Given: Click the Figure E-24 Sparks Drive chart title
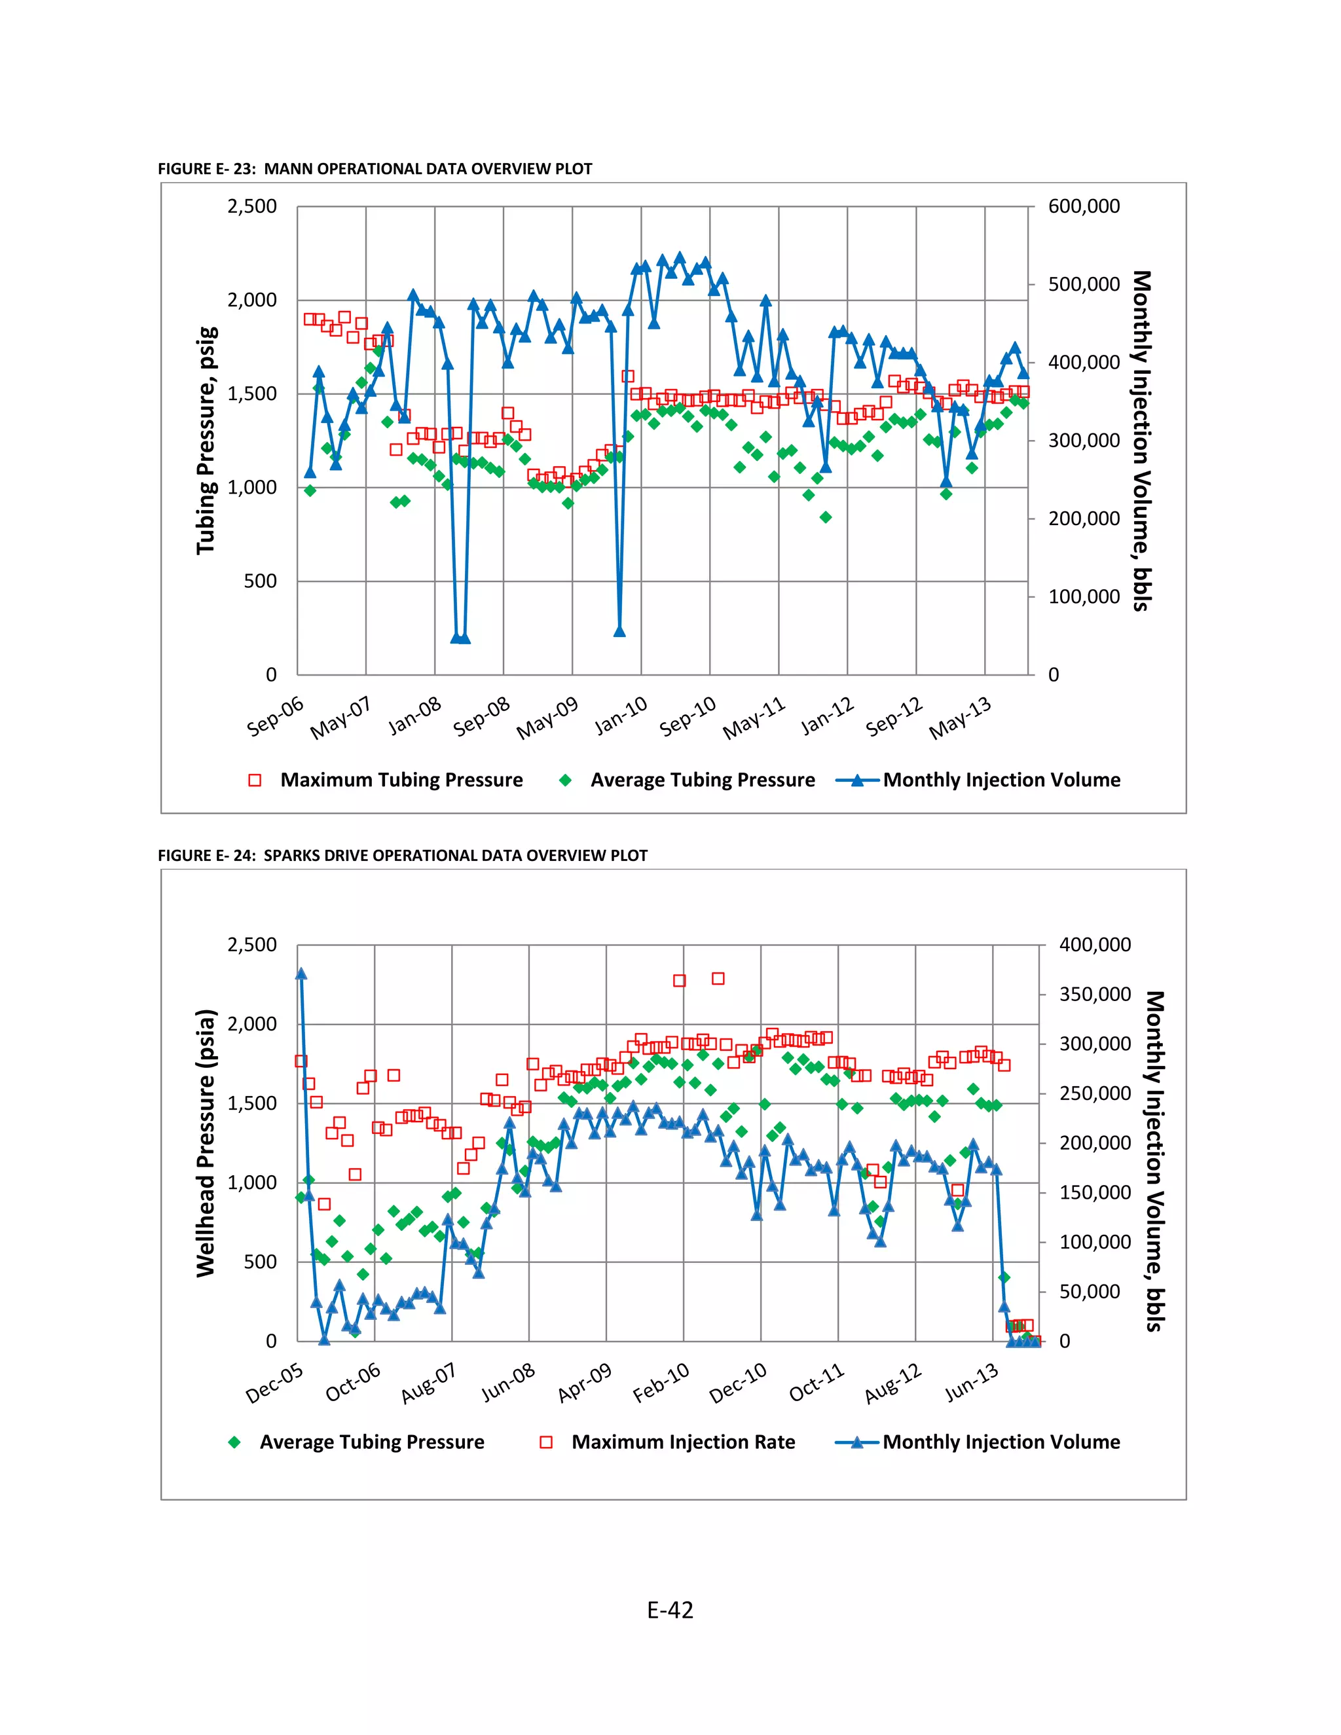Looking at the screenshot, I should pyautogui.click(x=402, y=856).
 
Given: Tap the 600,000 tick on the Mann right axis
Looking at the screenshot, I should pyautogui.click(x=1084, y=206).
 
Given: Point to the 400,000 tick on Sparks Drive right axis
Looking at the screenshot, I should pyautogui.click(x=1095, y=945).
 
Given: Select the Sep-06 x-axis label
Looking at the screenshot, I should pyautogui.click(x=276, y=716).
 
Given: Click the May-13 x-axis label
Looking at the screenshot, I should pyautogui.click(x=961, y=718).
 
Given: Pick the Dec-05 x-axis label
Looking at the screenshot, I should pyautogui.click(x=275, y=1383).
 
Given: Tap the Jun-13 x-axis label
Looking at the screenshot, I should pyautogui.click(x=971, y=1383).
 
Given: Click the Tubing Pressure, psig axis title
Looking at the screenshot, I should pyautogui.click(x=206, y=440).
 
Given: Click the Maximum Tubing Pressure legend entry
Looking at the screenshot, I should pyautogui.click(x=401, y=780).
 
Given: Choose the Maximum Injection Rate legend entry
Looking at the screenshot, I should pyautogui.click(x=682, y=1442).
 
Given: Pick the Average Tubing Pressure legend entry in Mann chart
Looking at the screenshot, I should pyautogui.click(x=703, y=780).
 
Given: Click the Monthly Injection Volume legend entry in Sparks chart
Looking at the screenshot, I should pyautogui.click(x=1001, y=1442).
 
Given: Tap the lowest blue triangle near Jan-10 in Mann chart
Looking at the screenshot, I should pyautogui.click(x=619, y=632).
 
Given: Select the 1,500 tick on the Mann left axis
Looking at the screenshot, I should pyautogui.click(x=252, y=394).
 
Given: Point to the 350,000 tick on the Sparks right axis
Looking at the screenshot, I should pyautogui.click(x=1095, y=995).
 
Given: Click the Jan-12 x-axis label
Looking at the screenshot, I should pyautogui.click(x=827, y=716).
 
